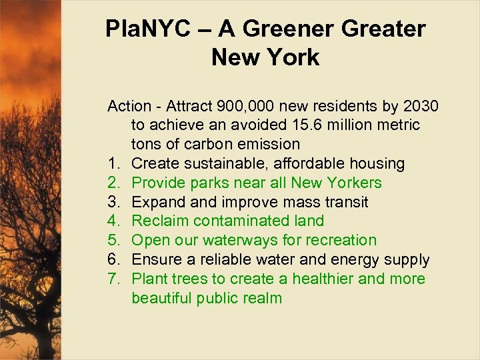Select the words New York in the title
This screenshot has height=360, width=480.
pos(265,57)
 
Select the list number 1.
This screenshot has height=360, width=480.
pos(113,163)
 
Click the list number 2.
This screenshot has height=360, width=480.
pos(113,183)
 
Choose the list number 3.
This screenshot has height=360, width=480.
pos(113,202)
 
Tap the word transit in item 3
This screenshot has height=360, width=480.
pos(345,202)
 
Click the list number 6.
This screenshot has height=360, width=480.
pos(113,259)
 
